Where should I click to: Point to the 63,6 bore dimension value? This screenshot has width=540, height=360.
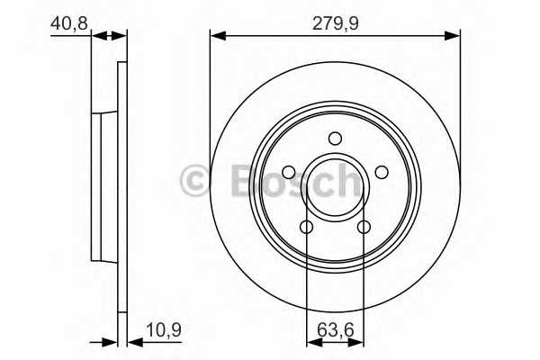(x=335, y=330)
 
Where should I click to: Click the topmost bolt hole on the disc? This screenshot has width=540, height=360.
(x=335, y=138)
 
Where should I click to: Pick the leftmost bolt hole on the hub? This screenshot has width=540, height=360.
(x=289, y=172)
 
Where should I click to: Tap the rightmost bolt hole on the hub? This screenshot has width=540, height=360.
(x=381, y=172)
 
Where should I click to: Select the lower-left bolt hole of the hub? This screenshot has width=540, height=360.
(x=306, y=227)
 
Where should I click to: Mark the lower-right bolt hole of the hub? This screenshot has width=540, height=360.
(x=364, y=227)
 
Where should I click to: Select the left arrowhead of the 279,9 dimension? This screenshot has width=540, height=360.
(x=216, y=36)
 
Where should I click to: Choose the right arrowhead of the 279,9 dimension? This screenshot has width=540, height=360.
(x=454, y=36)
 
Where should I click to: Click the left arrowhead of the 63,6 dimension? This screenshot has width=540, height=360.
(x=311, y=342)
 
